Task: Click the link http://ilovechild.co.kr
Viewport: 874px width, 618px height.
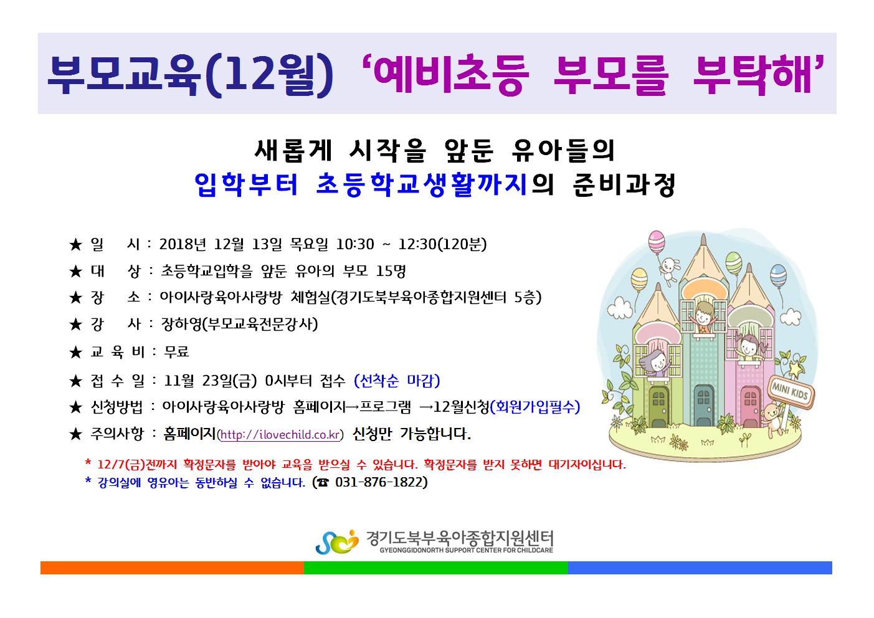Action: [280, 435]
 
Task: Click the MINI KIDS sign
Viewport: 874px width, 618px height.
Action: [791, 392]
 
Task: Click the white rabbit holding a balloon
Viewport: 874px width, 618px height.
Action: [670, 269]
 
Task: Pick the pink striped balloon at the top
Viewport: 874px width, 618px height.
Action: [657, 242]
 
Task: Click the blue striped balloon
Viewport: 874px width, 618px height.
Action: [778, 275]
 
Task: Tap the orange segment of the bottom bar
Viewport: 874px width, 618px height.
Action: [172, 568]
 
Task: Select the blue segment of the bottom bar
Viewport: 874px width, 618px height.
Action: [700, 568]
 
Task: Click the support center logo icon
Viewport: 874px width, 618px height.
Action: [337, 541]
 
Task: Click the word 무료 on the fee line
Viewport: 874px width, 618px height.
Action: [176, 352]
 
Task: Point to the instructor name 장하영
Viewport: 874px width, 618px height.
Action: [181, 324]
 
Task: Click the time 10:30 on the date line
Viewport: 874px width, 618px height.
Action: [354, 245]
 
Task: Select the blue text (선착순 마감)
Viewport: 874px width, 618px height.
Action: [397, 381]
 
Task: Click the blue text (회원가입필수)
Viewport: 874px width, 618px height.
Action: [535, 407]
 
